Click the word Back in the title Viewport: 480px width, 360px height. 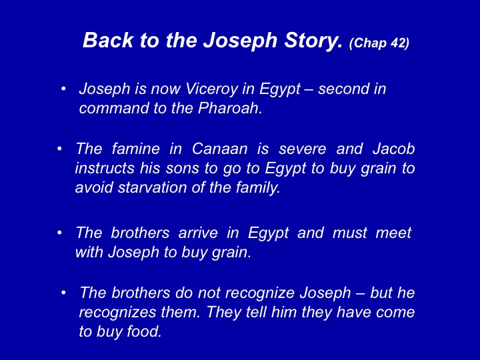[108, 40]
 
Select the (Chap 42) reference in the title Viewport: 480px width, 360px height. [379, 43]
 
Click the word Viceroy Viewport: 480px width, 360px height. [211, 89]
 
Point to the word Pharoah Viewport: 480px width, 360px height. [230, 108]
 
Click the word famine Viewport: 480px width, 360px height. [135, 149]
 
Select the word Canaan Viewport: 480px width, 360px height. [219, 149]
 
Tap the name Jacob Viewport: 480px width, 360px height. [394, 149]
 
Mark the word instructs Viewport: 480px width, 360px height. [105, 168]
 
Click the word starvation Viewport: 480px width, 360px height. [152, 187]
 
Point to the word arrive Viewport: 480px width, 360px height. [198, 233]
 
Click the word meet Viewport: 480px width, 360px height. [393, 233]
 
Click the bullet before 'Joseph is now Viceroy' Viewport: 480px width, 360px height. [63, 89]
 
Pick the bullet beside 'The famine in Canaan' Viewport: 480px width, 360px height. [59, 149]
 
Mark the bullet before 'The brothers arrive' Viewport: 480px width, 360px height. [59, 233]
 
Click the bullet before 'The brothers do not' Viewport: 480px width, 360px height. [63, 293]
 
